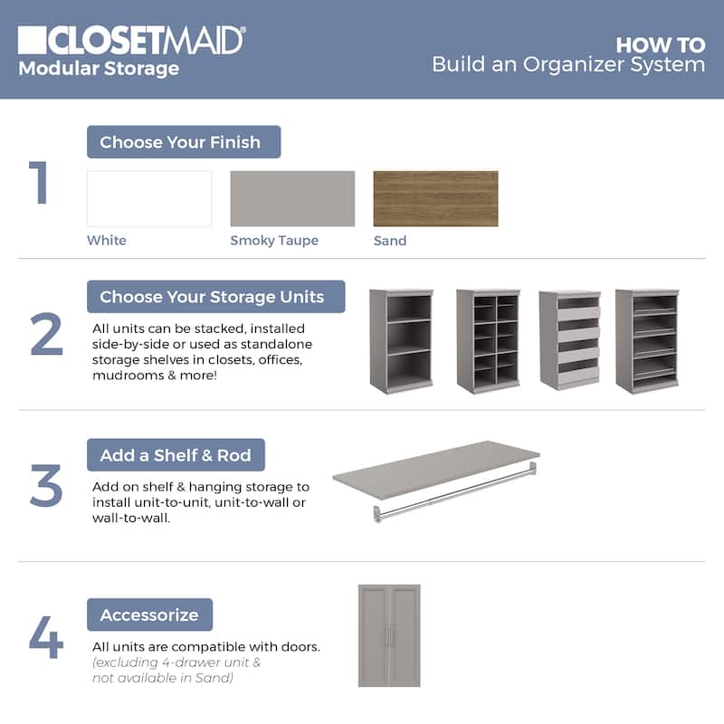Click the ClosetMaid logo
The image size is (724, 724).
[x=131, y=41]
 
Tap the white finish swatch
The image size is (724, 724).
[x=149, y=198]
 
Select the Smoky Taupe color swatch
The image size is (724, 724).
[x=292, y=198]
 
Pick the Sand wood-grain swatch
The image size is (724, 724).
[x=435, y=198]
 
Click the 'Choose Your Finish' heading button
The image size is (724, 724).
[x=184, y=142]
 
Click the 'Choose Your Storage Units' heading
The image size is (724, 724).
[x=215, y=297]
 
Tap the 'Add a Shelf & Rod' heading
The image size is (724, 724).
[x=176, y=455]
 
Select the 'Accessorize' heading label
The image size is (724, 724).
[x=149, y=614]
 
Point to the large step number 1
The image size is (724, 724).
[x=39, y=183]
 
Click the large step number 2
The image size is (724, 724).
[x=46, y=333]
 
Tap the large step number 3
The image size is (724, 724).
[x=46, y=486]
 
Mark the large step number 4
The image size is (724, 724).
[x=46, y=637]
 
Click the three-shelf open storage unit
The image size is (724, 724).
[x=401, y=341]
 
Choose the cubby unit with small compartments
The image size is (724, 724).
[x=488, y=341]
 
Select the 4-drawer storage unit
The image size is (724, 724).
[x=570, y=340]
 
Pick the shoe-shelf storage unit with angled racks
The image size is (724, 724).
[x=647, y=341]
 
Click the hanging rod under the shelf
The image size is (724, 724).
[x=455, y=492]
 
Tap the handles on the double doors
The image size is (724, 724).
[x=389, y=636]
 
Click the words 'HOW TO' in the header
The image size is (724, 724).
[x=661, y=45]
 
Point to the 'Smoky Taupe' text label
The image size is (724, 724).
[x=274, y=241]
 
